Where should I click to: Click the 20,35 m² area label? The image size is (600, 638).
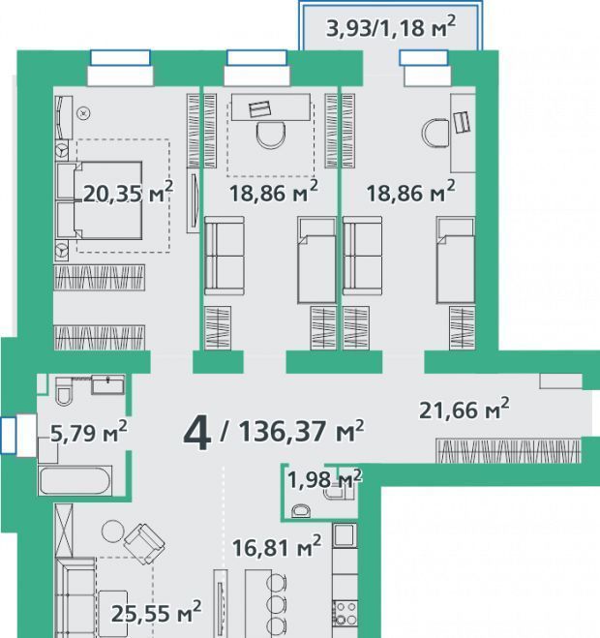point(128,193)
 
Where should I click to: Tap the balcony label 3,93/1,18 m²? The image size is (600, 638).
point(391,27)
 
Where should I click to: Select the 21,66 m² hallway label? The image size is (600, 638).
point(465,409)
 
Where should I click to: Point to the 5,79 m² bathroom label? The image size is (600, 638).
point(89,432)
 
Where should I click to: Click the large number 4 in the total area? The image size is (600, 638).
point(197,435)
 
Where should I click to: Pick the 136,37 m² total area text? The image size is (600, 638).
point(301,431)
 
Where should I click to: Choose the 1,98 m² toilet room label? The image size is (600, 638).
point(324,479)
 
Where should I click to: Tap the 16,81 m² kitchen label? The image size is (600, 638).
point(277,546)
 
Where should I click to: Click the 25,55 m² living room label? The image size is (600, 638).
point(156,613)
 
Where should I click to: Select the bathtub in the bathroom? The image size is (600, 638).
point(75,481)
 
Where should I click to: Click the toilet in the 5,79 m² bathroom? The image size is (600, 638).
point(64,391)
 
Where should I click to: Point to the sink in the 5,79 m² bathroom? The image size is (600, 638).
point(107,384)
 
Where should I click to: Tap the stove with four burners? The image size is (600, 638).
point(345,614)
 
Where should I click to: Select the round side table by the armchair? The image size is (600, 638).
point(112,532)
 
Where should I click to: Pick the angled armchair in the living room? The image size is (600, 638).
point(144,543)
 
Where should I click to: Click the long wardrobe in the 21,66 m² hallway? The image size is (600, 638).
point(508,450)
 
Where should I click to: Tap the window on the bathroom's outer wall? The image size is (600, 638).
point(8,435)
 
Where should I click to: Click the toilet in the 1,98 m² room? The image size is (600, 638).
point(301,510)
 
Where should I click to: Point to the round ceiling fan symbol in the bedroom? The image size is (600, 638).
point(84,113)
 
